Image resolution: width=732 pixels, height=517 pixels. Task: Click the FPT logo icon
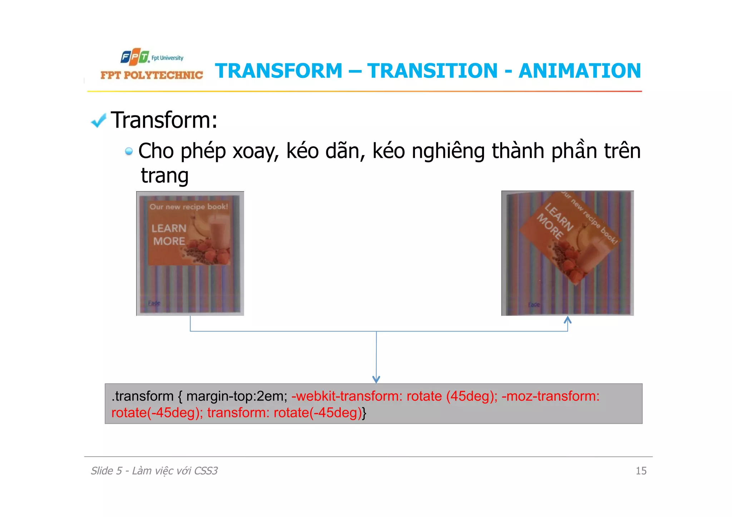pos(135,57)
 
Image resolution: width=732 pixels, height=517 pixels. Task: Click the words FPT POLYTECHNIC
pos(152,75)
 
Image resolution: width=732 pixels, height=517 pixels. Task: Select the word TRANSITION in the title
pos(432,71)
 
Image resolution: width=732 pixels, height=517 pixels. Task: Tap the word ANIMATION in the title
pos(580,71)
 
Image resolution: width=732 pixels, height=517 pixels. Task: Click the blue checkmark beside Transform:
pos(99,120)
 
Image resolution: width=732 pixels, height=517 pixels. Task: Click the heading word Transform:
pos(164,120)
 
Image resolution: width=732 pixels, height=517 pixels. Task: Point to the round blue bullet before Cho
pos(129,151)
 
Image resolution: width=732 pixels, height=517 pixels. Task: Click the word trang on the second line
pos(164,176)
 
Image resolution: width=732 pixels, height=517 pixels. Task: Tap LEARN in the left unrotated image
pos(169,228)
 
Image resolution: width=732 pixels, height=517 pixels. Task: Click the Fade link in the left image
pos(154,303)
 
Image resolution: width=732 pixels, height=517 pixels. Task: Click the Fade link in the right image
pos(534,304)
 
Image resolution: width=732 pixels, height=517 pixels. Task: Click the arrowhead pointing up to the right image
pos(568,319)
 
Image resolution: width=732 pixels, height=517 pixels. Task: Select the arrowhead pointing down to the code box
pos(376,379)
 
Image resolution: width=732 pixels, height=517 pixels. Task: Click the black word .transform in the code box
pos(142,396)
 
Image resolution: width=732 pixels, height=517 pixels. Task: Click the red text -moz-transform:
pos(550,396)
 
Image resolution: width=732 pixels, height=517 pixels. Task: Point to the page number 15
pos(641,471)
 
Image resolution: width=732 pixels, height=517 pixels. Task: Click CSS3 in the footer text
pos(206,471)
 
